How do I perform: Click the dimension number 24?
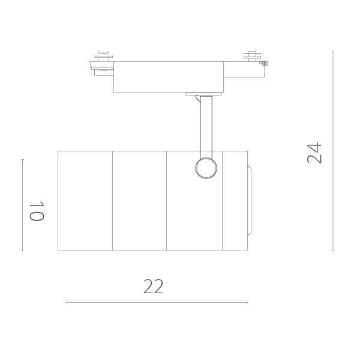click(315, 153)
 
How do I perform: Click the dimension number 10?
click(37, 211)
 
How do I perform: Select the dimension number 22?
click(154, 287)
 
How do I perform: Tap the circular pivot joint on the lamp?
click(206, 168)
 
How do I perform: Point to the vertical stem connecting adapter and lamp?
click(206, 126)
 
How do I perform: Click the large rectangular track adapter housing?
click(168, 76)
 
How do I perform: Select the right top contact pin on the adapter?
click(251, 55)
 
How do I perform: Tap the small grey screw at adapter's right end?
click(265, 63)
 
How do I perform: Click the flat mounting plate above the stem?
click(203, 94)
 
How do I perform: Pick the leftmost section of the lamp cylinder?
click(85, 200)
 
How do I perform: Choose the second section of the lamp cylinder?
click(139, 200)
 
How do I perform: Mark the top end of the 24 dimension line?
click(333, 52)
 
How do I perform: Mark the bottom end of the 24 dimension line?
click(333, 250)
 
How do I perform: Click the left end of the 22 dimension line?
click(66, 302)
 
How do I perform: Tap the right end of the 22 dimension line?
click(247, 302)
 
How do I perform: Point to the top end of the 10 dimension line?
click(22, 160)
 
